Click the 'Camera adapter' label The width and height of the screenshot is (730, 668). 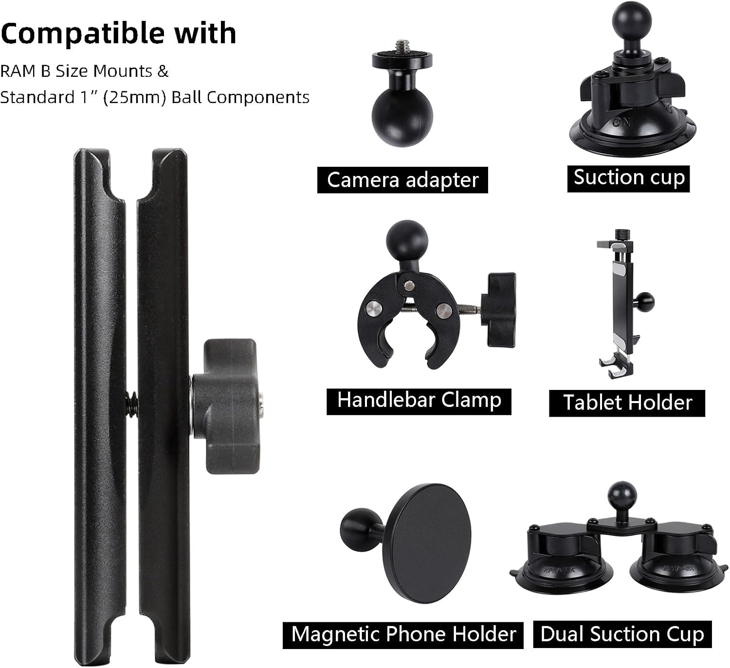(402, 180)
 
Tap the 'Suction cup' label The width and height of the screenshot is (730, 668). (628, 178)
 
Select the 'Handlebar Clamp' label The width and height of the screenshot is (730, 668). (419, 401)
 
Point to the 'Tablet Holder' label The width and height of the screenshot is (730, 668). (627, 403)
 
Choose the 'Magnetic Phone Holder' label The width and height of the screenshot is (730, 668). (403, 634)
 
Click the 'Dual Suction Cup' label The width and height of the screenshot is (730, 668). (622, 634)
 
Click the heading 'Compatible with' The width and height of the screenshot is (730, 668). (118, 33)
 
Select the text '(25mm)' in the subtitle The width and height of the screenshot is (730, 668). (136, 97)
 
